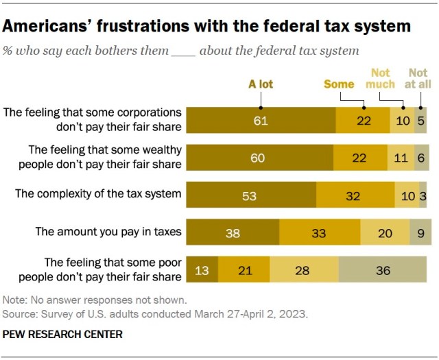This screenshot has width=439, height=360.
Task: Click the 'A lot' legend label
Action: pos(261,84)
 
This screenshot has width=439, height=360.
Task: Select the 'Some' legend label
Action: pos(339,84)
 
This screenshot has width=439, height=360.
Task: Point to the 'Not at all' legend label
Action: pos(418,78)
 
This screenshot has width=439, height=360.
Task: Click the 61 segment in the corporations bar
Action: pos(261,120)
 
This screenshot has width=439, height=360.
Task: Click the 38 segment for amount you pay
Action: pos(233,233)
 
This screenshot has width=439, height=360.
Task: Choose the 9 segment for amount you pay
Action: pos(420,233)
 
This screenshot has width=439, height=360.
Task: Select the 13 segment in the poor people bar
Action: pos(202,270)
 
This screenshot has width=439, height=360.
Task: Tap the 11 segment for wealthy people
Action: pos(401,158)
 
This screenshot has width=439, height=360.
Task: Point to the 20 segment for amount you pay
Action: pos(385,233)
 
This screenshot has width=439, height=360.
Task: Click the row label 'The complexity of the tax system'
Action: pos(98,194)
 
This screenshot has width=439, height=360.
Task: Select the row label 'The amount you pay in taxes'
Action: pos(109,232)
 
